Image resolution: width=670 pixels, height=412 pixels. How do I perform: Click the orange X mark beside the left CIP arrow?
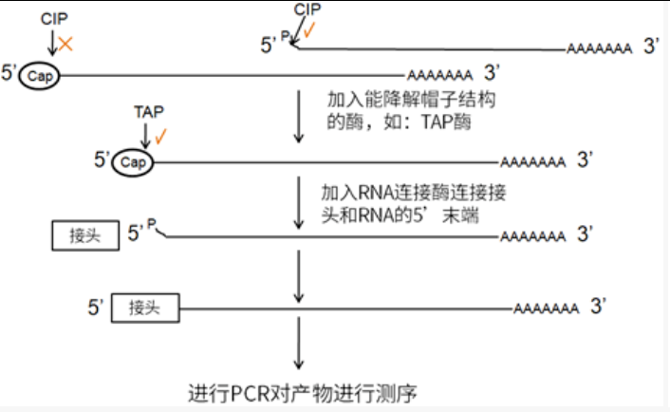point(65,43)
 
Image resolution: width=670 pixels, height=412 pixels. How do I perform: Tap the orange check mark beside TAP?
point(161,135)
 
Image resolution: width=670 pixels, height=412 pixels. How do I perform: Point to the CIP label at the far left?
point(54,18)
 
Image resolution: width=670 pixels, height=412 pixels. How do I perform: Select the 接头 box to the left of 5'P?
point(84,234)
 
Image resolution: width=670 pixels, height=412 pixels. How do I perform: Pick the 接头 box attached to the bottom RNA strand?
point(147,308)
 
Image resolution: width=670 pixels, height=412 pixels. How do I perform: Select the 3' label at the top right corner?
point(650,46)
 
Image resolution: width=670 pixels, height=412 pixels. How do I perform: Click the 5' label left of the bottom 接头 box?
point(95,308)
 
